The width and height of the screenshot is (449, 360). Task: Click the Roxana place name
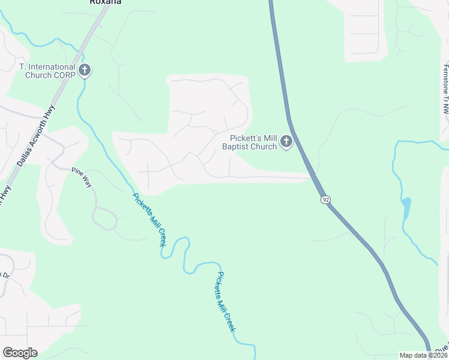(x=105, y=2)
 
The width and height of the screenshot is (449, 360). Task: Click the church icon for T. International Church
(x=85, y=70)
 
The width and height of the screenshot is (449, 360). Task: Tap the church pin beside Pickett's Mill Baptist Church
(x=286, y=142)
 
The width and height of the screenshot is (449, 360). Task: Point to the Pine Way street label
(x=82, y=178)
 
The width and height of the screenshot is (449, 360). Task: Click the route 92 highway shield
(x=325, y=199)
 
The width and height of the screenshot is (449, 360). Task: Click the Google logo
(x=20, y=353)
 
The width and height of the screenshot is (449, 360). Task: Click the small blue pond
(x=406, y=208)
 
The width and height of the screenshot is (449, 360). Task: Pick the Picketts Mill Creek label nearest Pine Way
(x=149, y=220)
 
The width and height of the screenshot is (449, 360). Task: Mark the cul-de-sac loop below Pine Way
(x=105, y=217)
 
